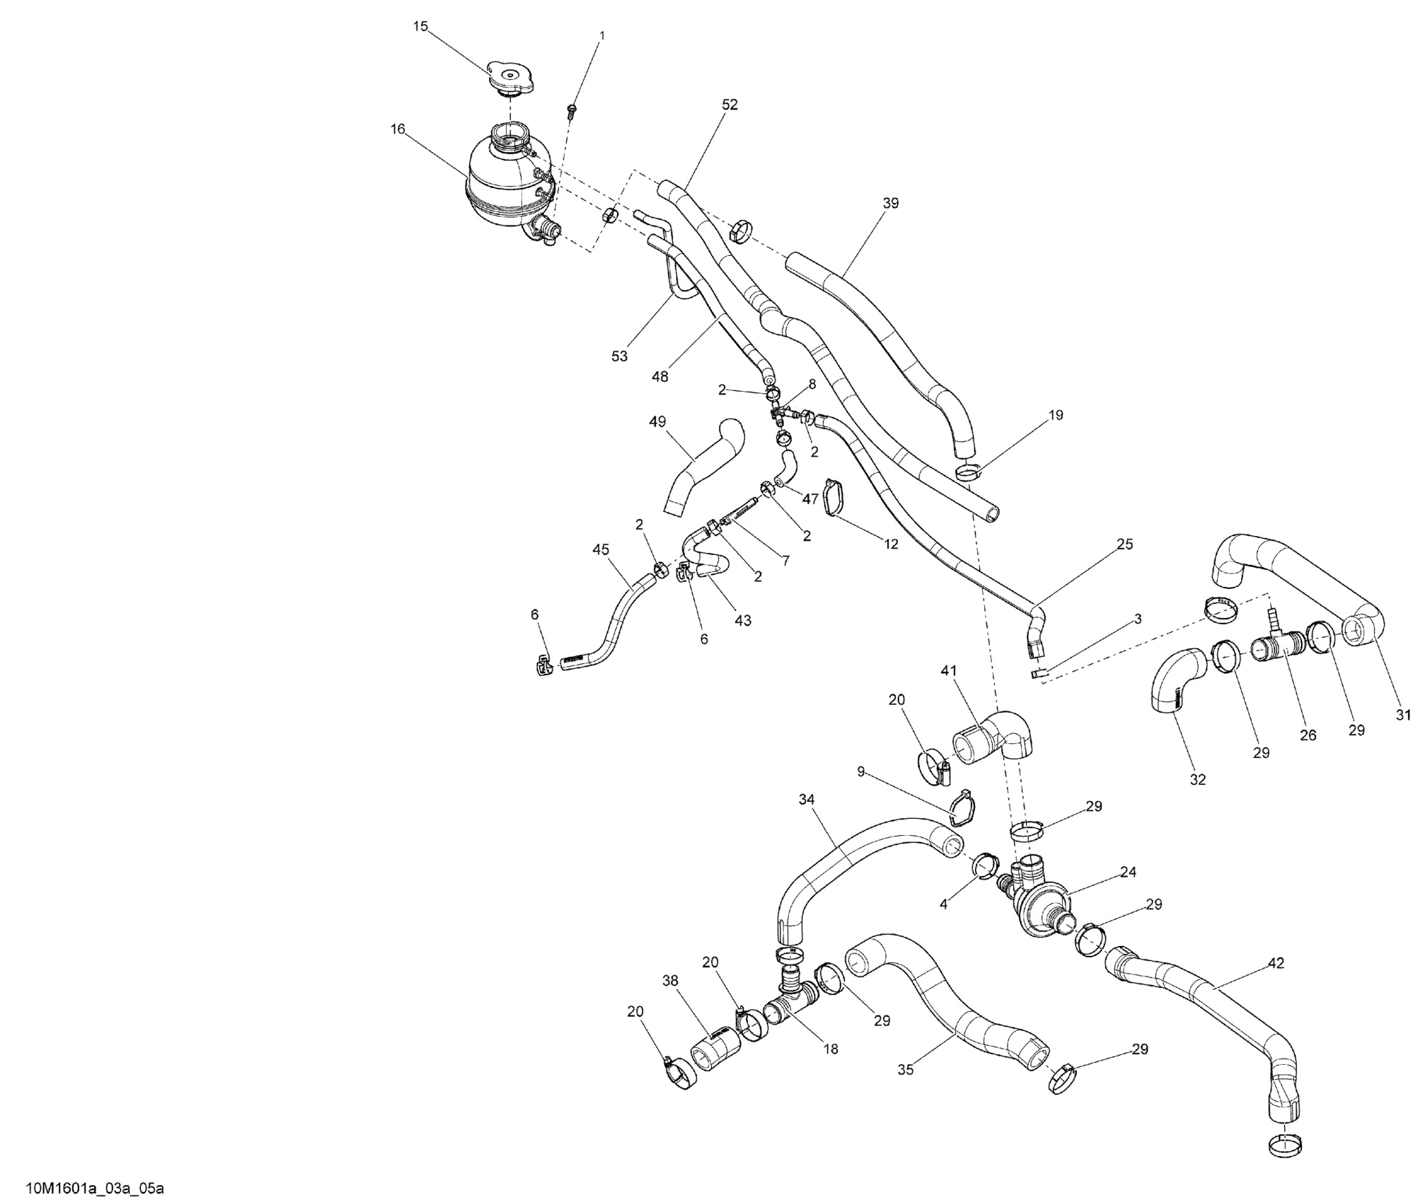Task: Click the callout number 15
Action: (420, 27)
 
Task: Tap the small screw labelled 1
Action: (571, 110)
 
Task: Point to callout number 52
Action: (729, 105)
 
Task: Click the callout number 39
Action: (891, 203)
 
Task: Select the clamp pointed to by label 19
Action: (968, 470)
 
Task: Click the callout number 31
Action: (1402, 715)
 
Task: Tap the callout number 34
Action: (807, 800)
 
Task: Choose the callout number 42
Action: (1276, 963)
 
